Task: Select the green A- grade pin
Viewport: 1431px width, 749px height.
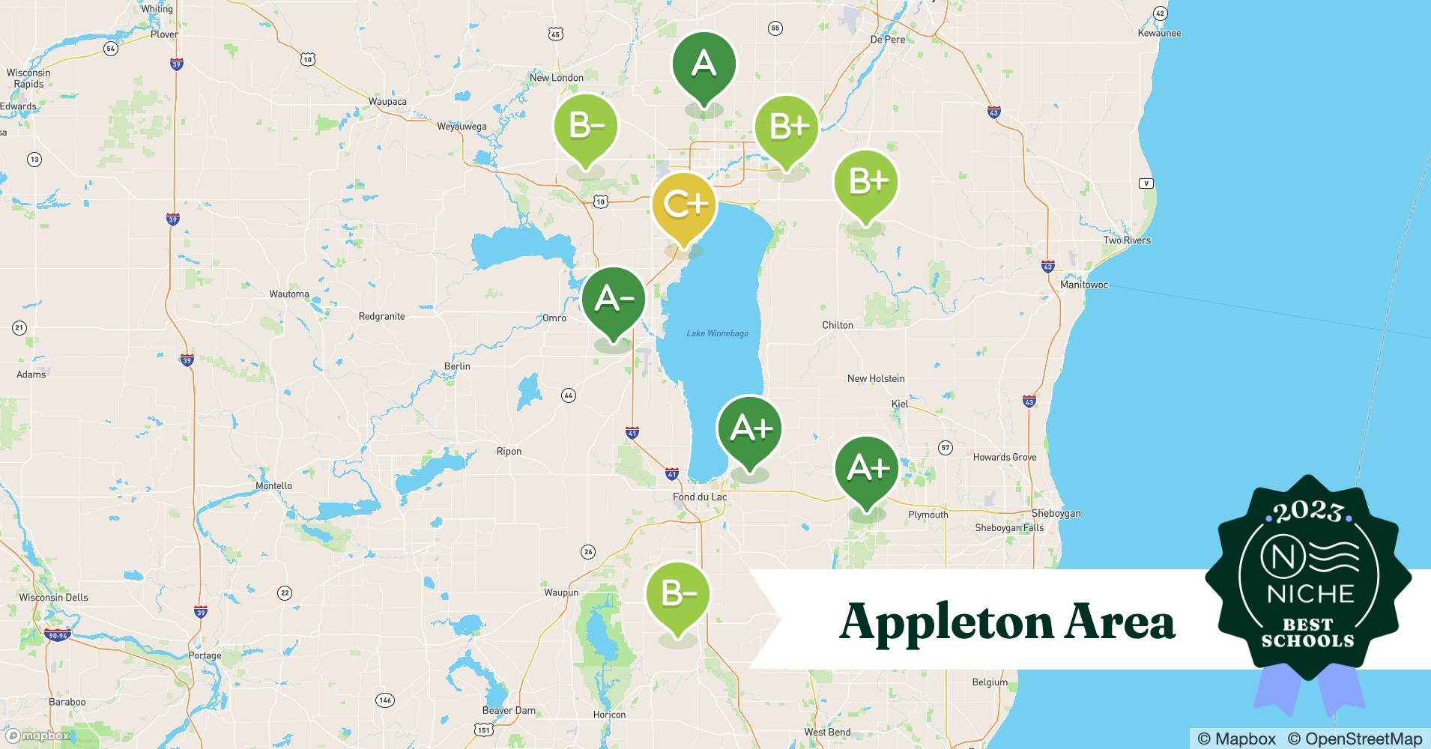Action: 614,300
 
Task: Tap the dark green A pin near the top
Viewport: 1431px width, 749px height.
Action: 704,64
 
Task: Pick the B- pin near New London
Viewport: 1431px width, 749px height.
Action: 586,127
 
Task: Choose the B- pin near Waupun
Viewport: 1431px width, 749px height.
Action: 678,595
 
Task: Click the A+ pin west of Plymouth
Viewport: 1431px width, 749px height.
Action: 867,469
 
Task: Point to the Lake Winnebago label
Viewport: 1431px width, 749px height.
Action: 717,333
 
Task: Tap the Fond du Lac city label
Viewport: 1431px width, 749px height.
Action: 700,497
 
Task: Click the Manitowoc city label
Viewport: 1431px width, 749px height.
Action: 1083,285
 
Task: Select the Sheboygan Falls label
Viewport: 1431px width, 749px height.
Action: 1008,528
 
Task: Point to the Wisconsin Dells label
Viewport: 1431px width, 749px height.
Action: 53,598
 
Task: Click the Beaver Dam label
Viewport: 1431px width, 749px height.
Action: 509,710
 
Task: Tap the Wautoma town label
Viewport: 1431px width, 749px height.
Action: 289,294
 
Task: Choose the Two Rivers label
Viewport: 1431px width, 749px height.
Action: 1126,240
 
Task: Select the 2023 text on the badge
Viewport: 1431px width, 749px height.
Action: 1307,512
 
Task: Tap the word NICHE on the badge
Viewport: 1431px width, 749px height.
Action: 1310,595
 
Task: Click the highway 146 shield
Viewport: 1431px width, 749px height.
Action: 385,700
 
